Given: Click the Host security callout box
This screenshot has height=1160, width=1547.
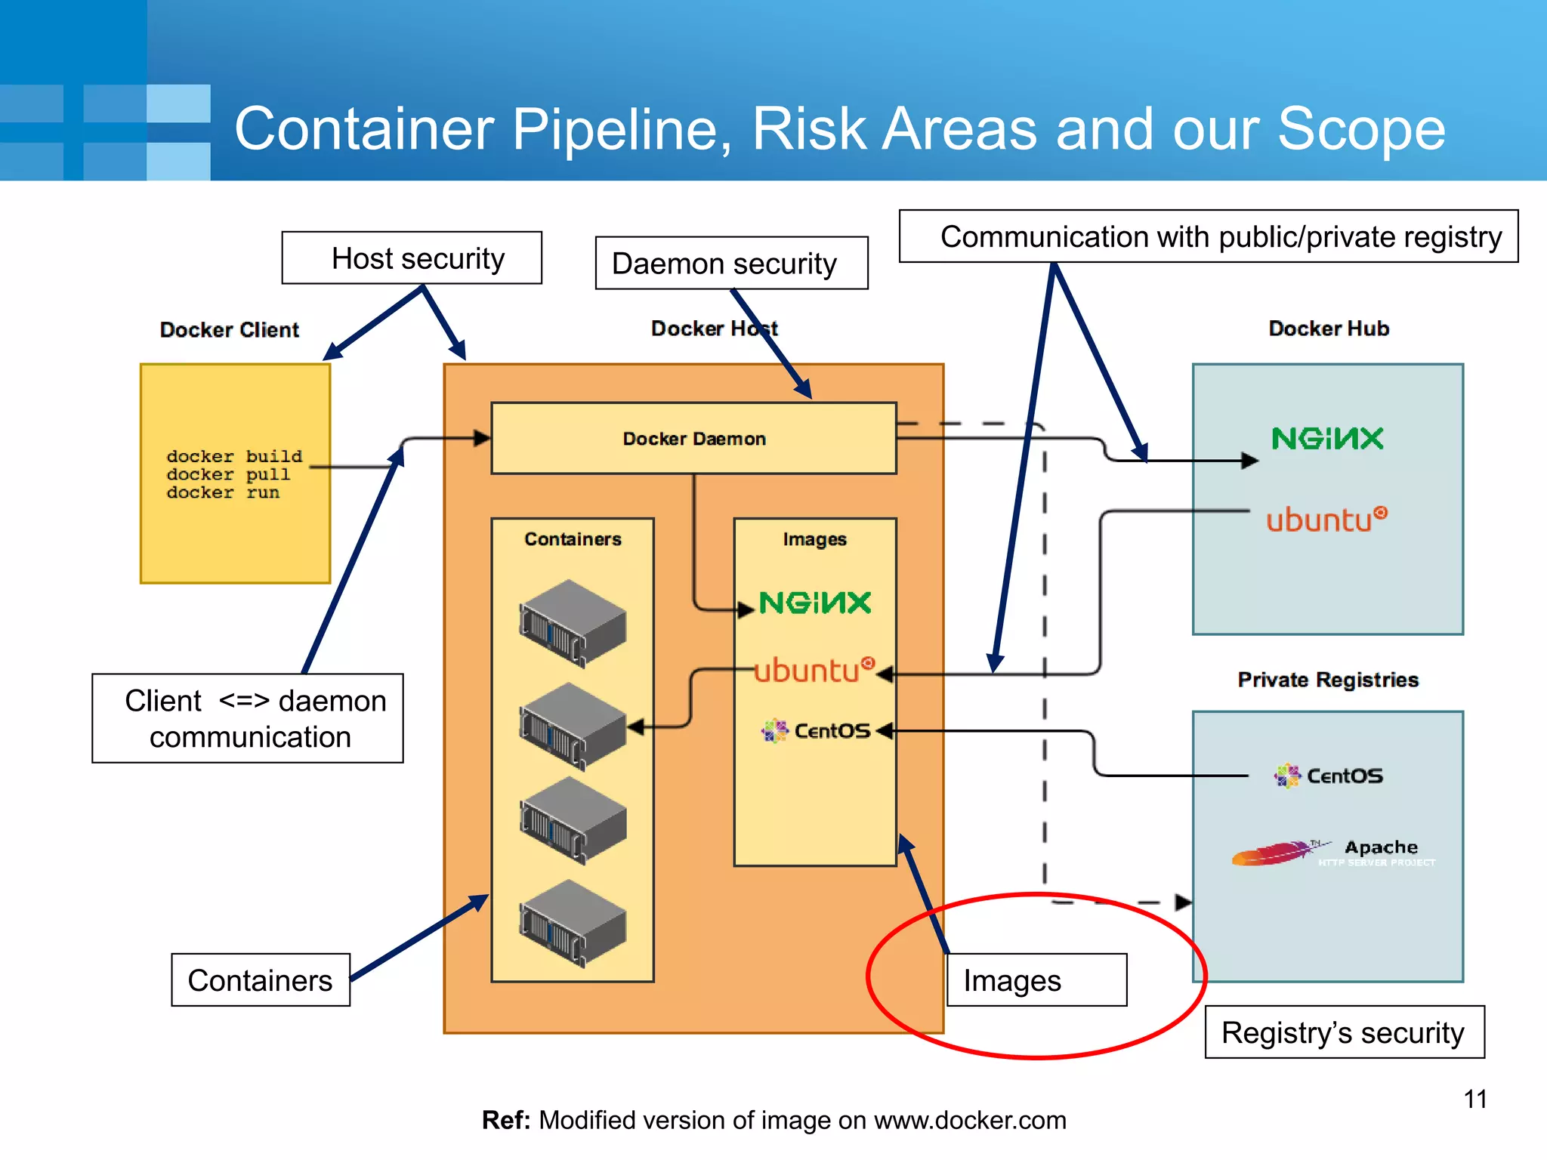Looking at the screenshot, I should click(412, 258).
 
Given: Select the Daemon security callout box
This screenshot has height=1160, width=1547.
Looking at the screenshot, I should click(730, 264).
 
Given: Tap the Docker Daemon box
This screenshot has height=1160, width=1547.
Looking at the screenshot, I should click(693, 439).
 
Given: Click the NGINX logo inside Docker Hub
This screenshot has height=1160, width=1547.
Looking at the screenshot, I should click(1327, 439).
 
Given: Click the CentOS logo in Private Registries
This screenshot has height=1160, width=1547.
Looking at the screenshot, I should click(1329, 776).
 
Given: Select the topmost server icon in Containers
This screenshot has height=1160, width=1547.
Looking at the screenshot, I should click(573, 623).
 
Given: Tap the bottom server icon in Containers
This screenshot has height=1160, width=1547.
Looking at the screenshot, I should click(573, 923).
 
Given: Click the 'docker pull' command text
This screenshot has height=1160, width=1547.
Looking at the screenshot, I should click(228, 475).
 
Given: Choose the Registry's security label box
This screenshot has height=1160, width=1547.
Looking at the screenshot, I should click(1344, 1032).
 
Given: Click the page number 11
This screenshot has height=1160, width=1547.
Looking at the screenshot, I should click(1474, 1100).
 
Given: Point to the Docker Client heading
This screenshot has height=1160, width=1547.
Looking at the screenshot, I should click(230, 330).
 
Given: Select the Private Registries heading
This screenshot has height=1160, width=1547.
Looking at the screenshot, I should click(1328, 680).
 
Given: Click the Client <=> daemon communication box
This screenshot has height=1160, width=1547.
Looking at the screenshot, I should click(248, 718).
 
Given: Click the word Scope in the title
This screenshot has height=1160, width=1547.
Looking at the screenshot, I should click(1361, 129).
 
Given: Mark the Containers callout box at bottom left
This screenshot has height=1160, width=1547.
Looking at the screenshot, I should click(261, 980).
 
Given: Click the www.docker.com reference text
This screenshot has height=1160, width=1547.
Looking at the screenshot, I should click(970, 1120).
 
